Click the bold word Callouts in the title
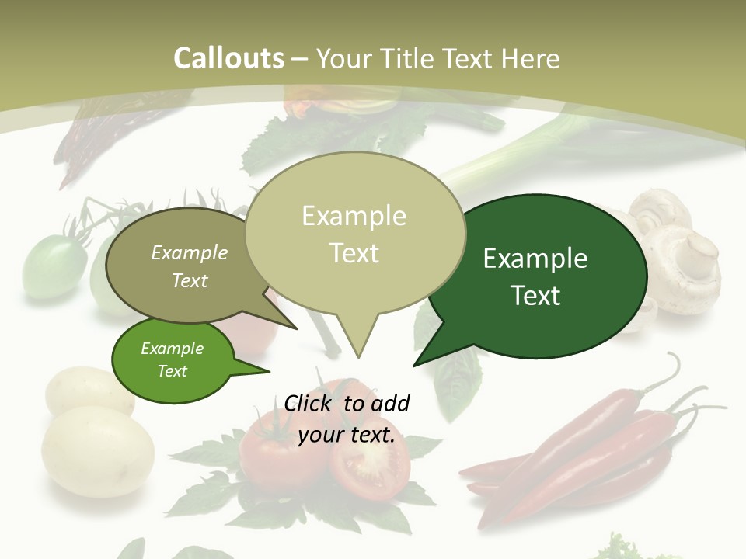[x=228, y=58]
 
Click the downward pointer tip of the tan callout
[x=358, y=356]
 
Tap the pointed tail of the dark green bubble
[x=416, y=364]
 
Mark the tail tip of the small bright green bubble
[x=268, y=371]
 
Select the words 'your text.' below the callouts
[x=347, y=435]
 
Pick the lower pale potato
[x=97, y=450]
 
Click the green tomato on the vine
[x=54, y=264]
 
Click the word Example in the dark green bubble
[x=535, y=258]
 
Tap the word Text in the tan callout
[x=354, y=252]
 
